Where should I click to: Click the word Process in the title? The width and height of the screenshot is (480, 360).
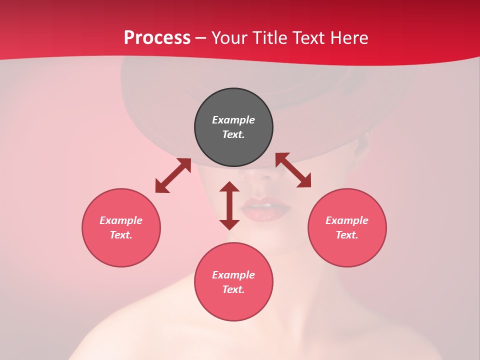click(157, 37)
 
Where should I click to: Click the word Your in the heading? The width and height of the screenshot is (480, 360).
click(229, 37)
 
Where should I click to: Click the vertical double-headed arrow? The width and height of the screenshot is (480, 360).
click(229, 205)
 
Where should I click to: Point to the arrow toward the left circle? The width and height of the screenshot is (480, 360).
click(173, 175)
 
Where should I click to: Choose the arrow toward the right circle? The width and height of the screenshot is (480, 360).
click(293, 170)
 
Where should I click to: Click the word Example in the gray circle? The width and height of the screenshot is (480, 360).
click(233, 120)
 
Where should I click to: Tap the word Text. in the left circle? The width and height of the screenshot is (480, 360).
click(121, 235)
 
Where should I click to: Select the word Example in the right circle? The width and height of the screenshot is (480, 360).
click(347, 220)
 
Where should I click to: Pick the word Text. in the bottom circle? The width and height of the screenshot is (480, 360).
click(233, 289)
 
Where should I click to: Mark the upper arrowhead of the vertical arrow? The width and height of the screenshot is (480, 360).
click(229, 187)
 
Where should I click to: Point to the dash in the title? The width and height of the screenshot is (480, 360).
click(201, 38)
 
